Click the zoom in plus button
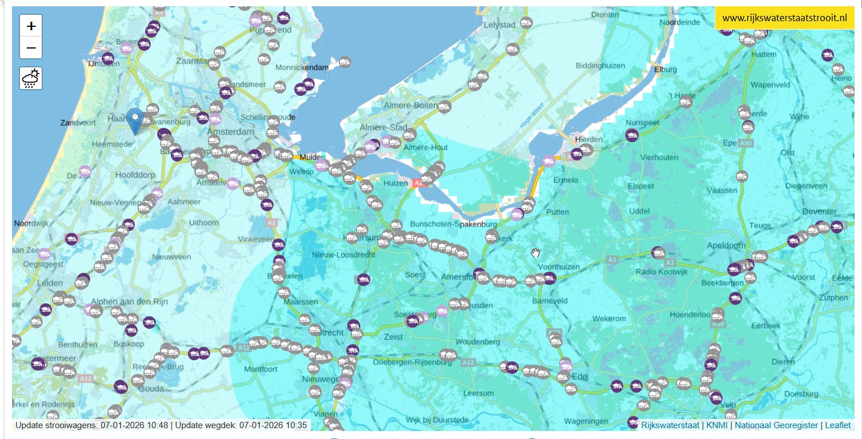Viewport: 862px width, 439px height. point(31,26)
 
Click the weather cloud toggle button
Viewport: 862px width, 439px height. point(31,78)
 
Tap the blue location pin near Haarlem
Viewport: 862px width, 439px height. point(135,120)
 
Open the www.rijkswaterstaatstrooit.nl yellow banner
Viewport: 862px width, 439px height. point(784,18)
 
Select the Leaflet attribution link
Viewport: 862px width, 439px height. point(838,425)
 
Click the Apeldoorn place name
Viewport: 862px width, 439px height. point(726,245)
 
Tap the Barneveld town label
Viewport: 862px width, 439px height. point(550,300)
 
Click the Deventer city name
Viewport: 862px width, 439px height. point(819,211)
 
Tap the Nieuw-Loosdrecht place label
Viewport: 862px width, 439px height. point(343,255)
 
